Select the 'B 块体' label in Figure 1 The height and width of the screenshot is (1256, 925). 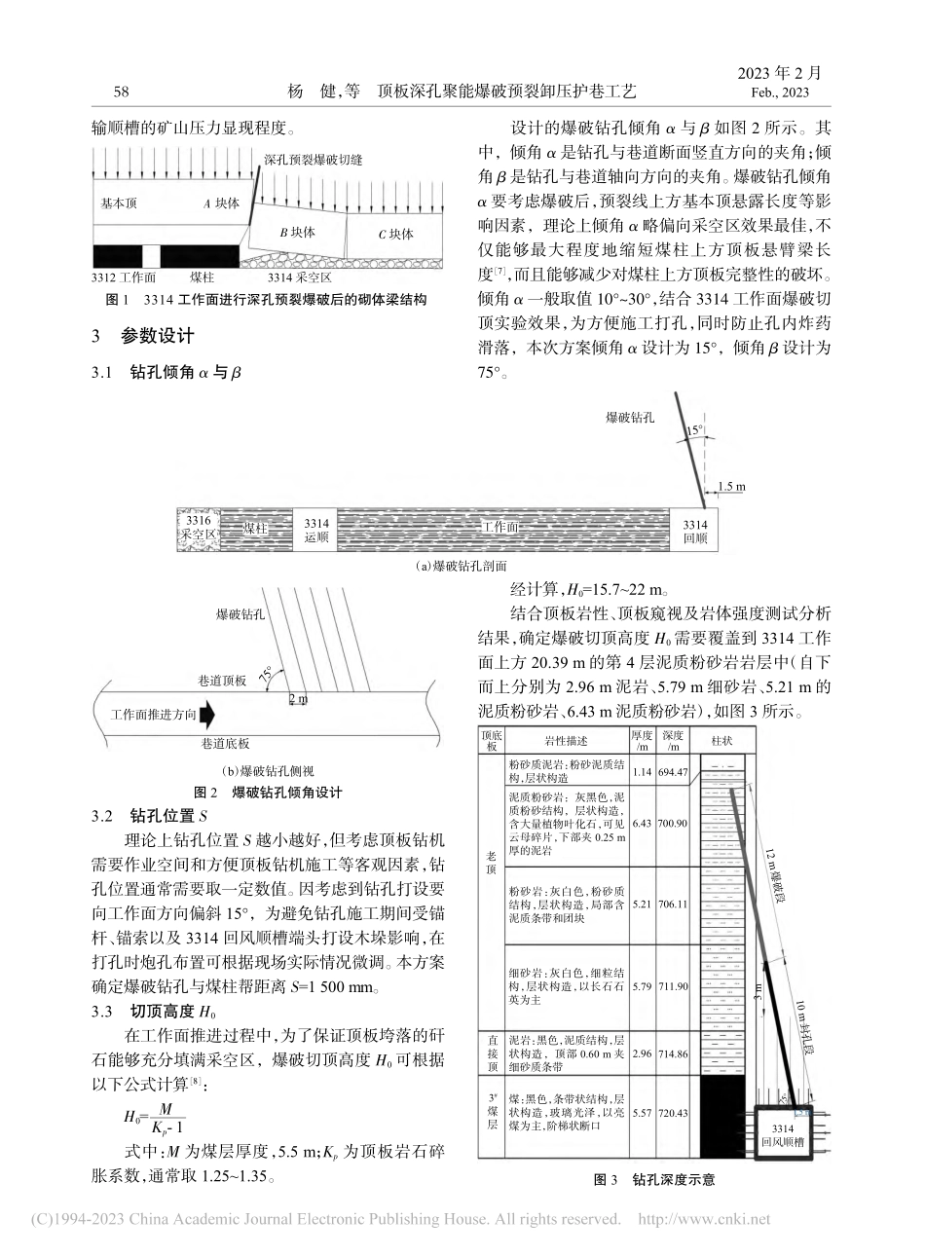click(x=297, y=232)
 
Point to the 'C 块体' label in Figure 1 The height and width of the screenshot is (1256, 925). click(x=395, y=234)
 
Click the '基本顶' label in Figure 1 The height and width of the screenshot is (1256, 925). click(x=120, y=203)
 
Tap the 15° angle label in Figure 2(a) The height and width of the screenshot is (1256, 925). click(x=693, y=428)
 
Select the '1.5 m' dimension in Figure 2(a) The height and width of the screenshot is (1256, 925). click(x=731, y=487)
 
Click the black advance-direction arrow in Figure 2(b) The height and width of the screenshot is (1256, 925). click(x=205, y=715)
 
